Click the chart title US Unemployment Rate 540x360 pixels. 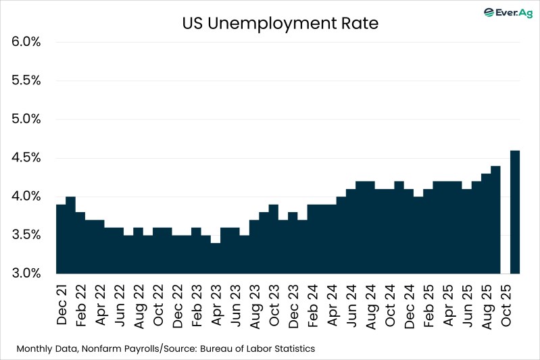tap(280, 24)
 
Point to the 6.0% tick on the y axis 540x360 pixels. tap(26, 42)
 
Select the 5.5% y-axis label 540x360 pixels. tap(26, 80)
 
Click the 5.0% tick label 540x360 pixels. tap(26, 120)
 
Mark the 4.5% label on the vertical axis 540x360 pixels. tap(26, 158)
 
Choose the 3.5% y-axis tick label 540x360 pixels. tap(26, 236)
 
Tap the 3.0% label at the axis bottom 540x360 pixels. tap(26, 274)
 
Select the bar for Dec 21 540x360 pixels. tap(61, 240)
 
